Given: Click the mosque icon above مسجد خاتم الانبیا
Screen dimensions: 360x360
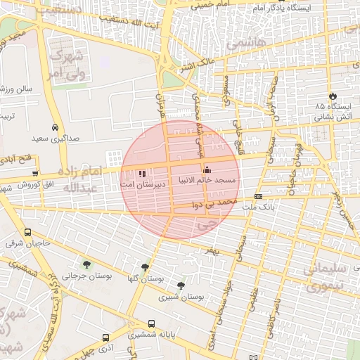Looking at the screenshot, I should [207, 170].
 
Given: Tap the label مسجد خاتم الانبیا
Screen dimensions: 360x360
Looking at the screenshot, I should [209, 181].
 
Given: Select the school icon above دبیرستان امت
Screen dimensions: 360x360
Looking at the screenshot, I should [142, 172].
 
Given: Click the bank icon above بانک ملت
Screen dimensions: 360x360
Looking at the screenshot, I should [259, 196].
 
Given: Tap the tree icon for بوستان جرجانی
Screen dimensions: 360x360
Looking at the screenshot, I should [86, 264].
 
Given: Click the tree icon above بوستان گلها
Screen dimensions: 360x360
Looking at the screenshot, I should [145, 267].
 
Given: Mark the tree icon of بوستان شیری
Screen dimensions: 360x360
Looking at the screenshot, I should [182, 285].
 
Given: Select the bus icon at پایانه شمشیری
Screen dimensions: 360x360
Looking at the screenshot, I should [152, 323].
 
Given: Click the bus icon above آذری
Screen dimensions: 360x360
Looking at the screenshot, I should [105, 337].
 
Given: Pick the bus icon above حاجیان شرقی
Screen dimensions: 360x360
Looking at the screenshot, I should [28, 233].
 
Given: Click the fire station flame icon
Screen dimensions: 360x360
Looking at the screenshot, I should [332, 96].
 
